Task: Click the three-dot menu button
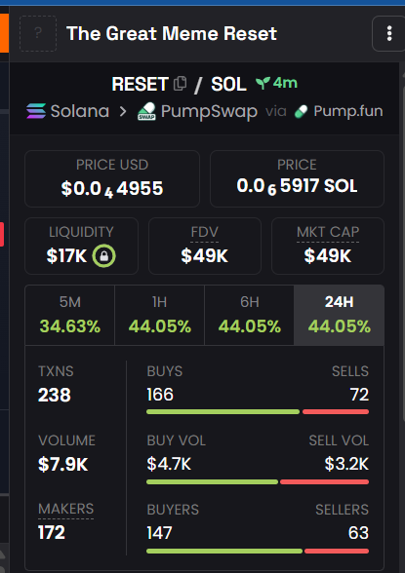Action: point(389,33)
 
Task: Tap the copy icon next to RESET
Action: point(180,84)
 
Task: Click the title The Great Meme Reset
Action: point(172,33)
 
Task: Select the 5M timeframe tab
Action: point(70,315)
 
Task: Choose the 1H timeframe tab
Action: point(159,315)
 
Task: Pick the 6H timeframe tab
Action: point(250,315)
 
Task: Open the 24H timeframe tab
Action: point(340,315)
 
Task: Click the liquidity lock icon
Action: point(103,255)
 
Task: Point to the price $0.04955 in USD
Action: point(112,189)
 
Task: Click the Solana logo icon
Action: point(36,111)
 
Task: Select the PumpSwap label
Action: point(209,111)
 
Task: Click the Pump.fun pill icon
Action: point(301,111)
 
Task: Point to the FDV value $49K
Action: point(205,255)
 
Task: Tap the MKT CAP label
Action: point(328,232)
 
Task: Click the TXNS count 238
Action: point(55,395)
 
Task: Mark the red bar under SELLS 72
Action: point(336,412)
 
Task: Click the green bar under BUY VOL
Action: point(212,482)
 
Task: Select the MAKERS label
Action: point(65,509)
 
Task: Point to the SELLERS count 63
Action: point(358,533)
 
